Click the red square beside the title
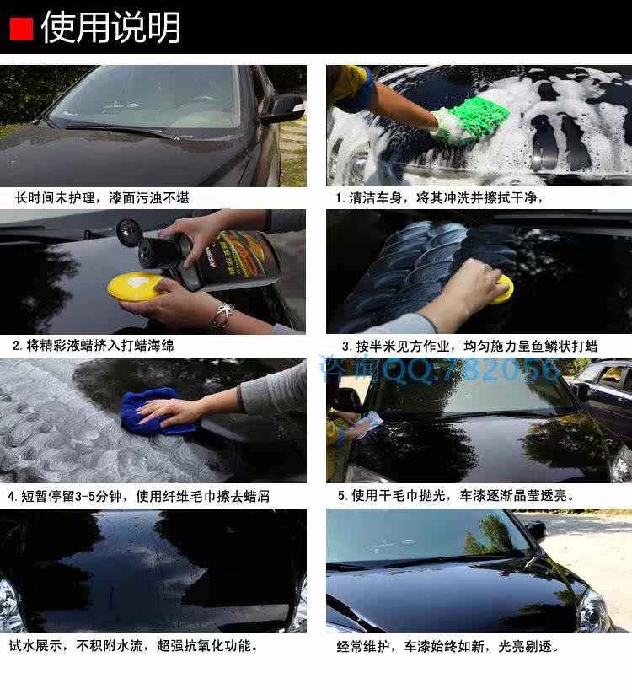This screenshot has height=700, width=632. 21,29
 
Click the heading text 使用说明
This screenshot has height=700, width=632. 111,28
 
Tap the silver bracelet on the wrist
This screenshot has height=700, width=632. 223,315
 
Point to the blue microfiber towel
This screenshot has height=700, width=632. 156,412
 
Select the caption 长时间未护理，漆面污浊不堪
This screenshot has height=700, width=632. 102,197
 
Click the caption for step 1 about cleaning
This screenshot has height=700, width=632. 439,197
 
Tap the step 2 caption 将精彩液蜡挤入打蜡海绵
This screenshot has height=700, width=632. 94,345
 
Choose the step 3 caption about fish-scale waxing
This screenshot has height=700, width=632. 469,346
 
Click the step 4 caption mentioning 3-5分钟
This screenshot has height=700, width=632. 139,496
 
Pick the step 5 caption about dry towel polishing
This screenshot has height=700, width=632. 456,496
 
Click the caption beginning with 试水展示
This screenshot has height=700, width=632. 133,645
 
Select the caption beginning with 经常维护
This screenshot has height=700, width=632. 447,646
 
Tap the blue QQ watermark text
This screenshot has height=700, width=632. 439,369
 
